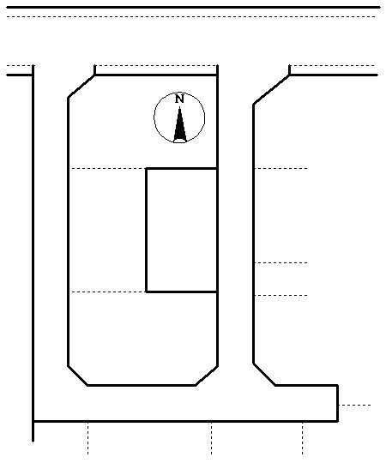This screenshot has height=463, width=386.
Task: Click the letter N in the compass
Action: pyautogui.click(x=179, y=99)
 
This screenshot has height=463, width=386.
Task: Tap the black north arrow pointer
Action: pyautogui.click(x=180, y=124)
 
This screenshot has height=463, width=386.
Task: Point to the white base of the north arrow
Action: pyautogui.click(x=180, y=141)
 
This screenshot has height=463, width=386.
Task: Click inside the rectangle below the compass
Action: pyautogui.click(x=182, y=230)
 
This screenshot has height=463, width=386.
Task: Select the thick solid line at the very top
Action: pyautogui.click(x=194, y=7)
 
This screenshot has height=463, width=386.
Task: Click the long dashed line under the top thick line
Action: pyautogui.click(x=191, y=17)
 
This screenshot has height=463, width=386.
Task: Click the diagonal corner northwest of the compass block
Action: pyautogui.click(x=81, y=87)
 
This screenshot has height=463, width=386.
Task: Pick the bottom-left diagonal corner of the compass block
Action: pyautogui.click(x=78, y=376)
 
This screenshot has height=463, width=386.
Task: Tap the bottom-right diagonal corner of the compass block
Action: pyautogui.click(x=207, y=376)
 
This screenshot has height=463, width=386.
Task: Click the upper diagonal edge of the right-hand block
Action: pyautogui.click(x=271, y=89)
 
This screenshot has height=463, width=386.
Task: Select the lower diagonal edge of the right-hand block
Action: pyautogui.click(x=264, y=374)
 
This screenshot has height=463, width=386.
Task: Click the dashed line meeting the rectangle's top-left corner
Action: pyautogui.click(x=109, y=169)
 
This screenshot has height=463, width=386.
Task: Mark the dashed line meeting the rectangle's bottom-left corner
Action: pyautogui.click(x=109, y=292)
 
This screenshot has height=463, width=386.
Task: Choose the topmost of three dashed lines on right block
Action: pyautogui.click(x=280, y=169)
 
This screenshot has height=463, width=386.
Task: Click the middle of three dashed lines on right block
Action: pyautogui.click(x=280, y=262)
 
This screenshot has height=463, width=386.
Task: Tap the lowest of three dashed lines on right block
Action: pyautogui.click(x=280, y=295)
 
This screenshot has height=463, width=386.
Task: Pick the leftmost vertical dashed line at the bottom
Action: pyautogui.click(x=87, y=438)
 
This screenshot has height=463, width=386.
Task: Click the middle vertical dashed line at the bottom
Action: pyautogui.click(x=212, y=438)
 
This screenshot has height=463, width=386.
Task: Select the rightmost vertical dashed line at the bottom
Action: pyautogui.click(x=303, y=438)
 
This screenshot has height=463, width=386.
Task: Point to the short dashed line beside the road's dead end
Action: pyautogui.click(x=355, y=405)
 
